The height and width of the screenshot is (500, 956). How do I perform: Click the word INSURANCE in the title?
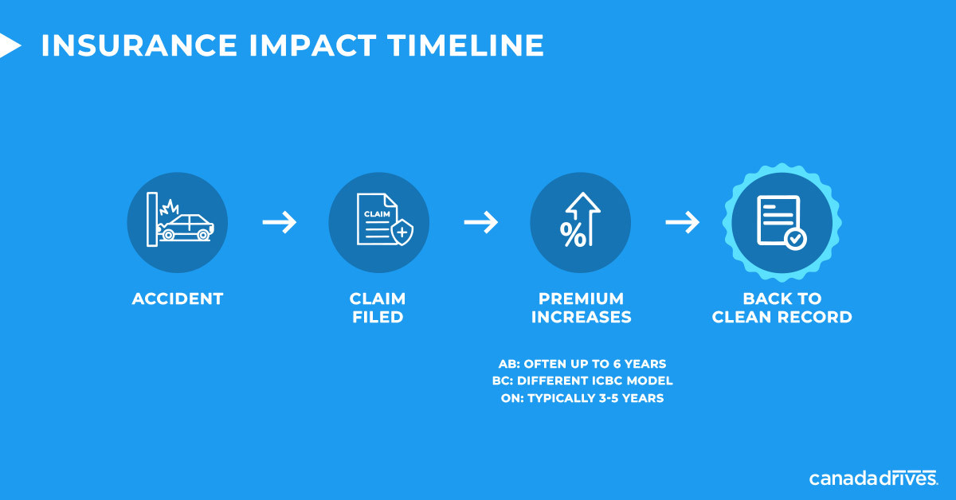[139, 45]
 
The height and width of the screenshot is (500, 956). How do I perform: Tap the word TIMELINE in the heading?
[466, 45]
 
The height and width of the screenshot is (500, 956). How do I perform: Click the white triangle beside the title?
[10, 45]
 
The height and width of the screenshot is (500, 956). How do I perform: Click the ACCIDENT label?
[178, 299]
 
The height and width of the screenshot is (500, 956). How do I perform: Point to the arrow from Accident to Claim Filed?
[280, 222]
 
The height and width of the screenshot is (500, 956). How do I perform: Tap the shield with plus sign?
[402, 232]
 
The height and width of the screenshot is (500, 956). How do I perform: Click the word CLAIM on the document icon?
[377, 213]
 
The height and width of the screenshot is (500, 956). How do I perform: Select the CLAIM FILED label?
[378, 307]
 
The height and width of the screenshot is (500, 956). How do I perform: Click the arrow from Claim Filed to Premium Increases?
[481, 222]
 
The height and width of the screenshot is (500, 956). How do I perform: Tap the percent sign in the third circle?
[573, 235]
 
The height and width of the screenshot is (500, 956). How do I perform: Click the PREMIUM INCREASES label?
[581, 307]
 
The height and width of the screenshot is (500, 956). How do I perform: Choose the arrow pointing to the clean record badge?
[683, 222]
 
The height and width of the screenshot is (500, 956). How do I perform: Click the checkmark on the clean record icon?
[795, 239]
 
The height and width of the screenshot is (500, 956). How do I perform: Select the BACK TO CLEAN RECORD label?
[782, 307]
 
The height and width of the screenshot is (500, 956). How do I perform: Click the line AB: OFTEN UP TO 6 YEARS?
[582, 364]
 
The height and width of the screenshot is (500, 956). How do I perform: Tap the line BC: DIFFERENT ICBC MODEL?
[582, 381]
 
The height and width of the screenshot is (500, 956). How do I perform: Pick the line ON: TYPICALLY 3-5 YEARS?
[582, 398]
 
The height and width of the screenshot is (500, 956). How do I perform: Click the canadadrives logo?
[873, 478]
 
